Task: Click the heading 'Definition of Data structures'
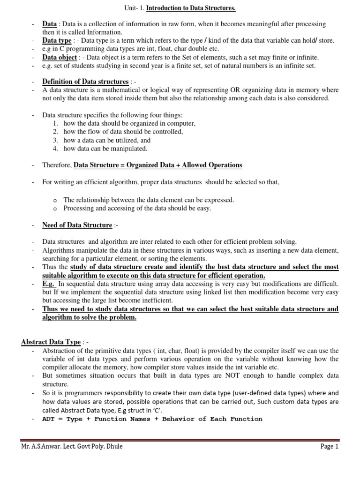pos(85,81)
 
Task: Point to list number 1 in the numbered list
pos(55,123)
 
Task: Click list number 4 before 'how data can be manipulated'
pos(55,149)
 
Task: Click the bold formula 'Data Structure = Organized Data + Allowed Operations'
pos(158,165)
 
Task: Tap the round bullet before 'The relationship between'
pos(55,200)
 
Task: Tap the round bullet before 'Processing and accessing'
pos(55,209)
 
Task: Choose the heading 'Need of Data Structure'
pos(77,225)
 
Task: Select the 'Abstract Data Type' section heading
pos(51,342)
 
